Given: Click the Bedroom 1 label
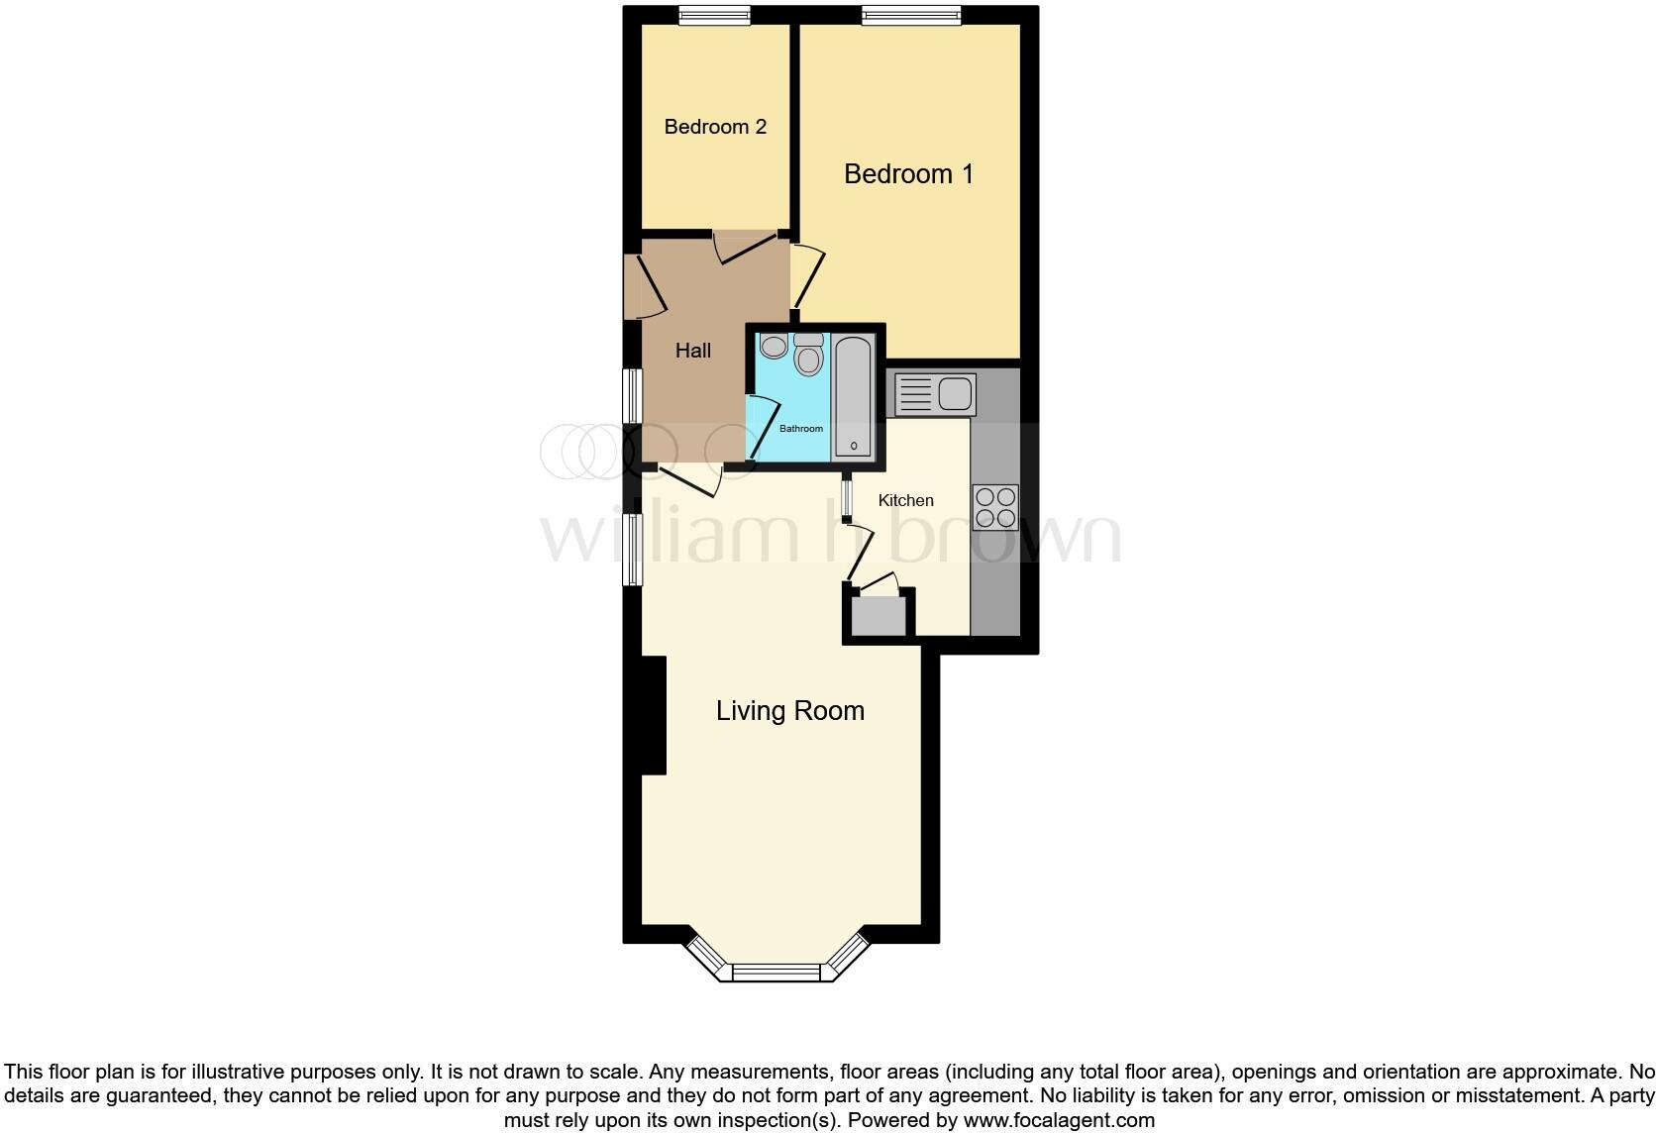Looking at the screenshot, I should point(908,174).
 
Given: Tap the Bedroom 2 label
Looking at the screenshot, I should point(715,127).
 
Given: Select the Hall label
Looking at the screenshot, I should point(693,351).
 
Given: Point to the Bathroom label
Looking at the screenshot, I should point(800,429).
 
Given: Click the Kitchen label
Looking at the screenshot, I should point(905,500).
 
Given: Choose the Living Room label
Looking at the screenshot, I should point(789,711).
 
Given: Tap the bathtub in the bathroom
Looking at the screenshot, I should point(853,396).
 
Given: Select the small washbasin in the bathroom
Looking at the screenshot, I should point(774,346).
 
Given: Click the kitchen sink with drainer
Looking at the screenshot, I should point(935,394).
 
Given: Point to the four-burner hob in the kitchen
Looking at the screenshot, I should point(995,507).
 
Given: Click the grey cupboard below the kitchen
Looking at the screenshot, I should point(879,616).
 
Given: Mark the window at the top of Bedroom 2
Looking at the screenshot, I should point(714,15).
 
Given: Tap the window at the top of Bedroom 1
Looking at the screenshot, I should point(910,15).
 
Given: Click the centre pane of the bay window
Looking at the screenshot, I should point(776,973).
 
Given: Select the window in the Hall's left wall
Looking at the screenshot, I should point(631,397).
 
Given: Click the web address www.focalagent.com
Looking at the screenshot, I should point(1058,1121).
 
